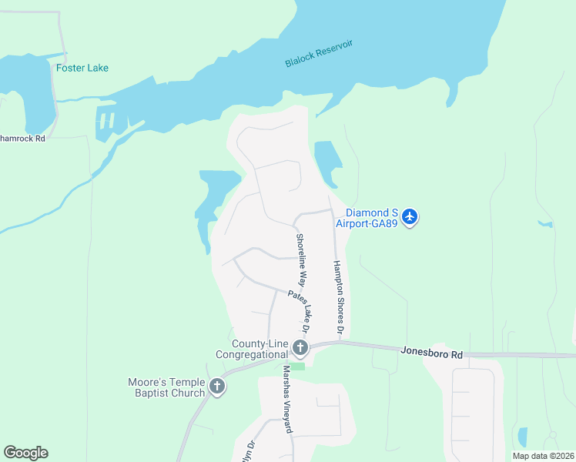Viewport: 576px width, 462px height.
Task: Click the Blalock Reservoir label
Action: [318, 54]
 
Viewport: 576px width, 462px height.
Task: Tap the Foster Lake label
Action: [82, 68]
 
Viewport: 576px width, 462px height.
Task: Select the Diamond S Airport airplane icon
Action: [410, 216]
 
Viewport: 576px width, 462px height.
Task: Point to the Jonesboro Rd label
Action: [431, 353]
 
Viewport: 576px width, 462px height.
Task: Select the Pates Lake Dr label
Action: [299, 311]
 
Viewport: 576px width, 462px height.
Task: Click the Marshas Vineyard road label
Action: [286, 398]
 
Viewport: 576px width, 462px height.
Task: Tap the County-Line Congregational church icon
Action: [300, 350]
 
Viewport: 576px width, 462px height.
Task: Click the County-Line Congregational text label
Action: [260, 349]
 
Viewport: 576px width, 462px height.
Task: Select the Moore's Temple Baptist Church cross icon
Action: [217, 387]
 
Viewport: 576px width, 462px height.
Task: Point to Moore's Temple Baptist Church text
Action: [167, 387]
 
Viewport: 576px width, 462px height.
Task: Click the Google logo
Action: [25, 452]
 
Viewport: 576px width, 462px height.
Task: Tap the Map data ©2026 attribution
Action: [543, 456]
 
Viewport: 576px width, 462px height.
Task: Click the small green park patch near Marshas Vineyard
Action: [298, 367]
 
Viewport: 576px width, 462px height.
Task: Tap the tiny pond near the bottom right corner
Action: [523, 437]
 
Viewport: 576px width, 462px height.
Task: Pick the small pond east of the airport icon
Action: [546, 224]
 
